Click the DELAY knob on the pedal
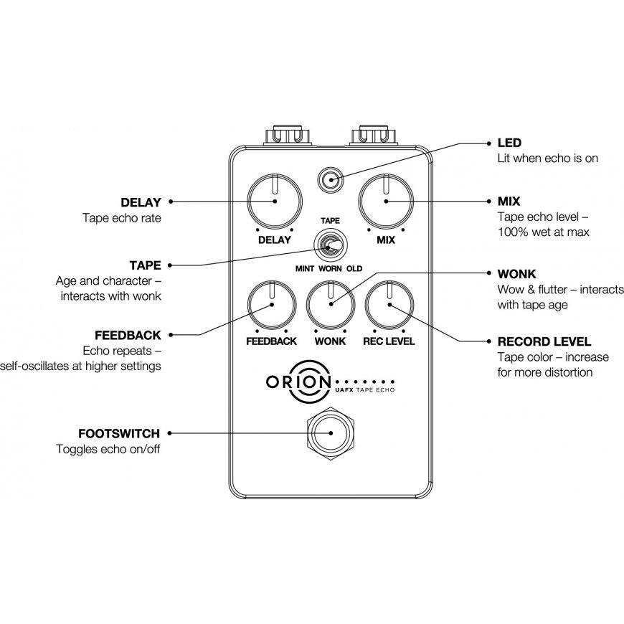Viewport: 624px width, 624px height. pyautogui.click(x=274, y=202)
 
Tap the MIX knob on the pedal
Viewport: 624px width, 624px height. pyautogui.click(x=386, y=202)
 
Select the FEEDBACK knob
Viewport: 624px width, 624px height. pyautogui.click(x=273, y=305)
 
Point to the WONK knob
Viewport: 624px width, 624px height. pyautogui.click(x=331, y=305)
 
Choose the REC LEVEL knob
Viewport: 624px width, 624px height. pyautogui.click(x=389, y=305)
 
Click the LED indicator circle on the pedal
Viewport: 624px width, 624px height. pyautogui.click(x=330, y=179)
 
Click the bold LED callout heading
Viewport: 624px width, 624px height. pyautogui.click(x=509, y=143)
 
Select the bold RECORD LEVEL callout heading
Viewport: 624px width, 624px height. pyautogui.click(x=544, y=341)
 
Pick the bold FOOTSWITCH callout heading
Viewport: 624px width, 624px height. pyautogui.click(x=118, y=433)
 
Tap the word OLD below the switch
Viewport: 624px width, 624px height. pyautogui.click(x=354, y=269)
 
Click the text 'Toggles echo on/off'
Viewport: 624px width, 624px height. pyautogui.click(x=108, y=450)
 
